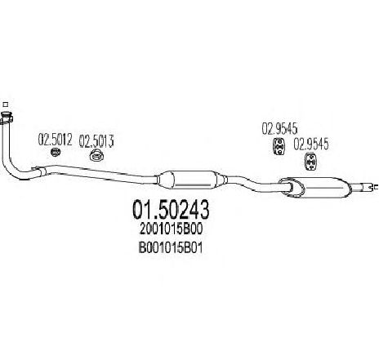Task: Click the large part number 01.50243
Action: [171, 210]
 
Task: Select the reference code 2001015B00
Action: [171, 229]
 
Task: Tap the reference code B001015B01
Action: [171, 248]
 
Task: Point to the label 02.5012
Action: [55, 140]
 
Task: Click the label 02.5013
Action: [96, 141]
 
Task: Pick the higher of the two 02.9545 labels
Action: [279, 128]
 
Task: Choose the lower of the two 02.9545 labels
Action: [310, 144]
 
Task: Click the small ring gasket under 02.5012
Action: [56, 152]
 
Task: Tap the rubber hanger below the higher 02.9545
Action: [279, 147]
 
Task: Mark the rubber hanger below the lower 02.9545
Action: [310, 162]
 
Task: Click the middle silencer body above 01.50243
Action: [192, 180]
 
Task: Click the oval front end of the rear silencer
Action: [292, 187]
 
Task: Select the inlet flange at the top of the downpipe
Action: [6, 118]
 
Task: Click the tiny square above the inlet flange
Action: [5, 104]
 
